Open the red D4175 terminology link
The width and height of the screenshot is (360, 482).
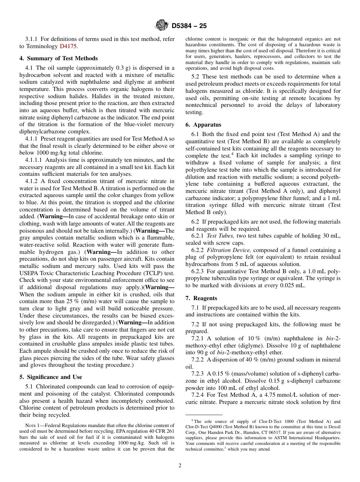68,46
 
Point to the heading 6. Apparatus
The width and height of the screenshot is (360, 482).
203,125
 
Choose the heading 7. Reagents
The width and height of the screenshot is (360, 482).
201,298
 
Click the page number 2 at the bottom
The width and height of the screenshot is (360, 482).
180,466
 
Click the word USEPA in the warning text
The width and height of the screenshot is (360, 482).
30,273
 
